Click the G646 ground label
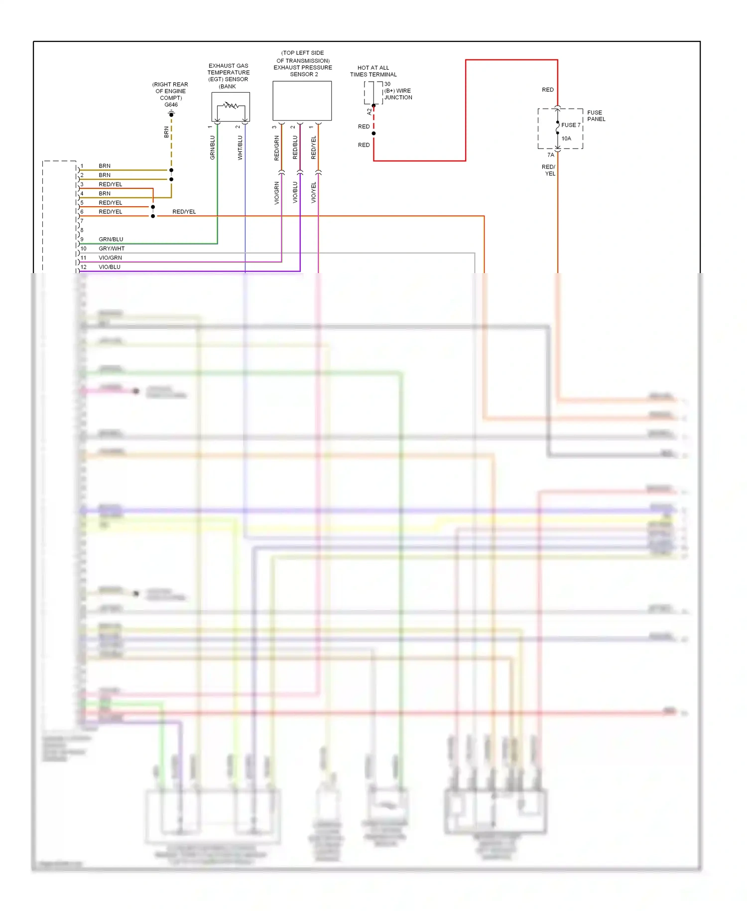(x=171, y=105)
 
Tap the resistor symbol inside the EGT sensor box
(x=230, y=105)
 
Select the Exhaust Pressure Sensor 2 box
(x=302, y=101)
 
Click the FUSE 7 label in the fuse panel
(x=571, y=125)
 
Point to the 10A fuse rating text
(x=566, y=139)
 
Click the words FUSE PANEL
(x=596, y=116)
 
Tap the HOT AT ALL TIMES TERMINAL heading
(x=373, y=71)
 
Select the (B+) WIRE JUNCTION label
(x=398, y=94)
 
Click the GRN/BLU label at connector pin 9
(x=111, y=239)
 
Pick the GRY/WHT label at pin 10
(x=112, y=249)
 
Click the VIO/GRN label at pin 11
(x=110, y=258)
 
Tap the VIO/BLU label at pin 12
(x=110, y=267)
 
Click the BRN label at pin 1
(x=105, y=166)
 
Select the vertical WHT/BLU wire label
(x=240, y=148)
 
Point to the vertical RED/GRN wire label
(x=277, y=148)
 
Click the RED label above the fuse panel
(x=547, y=90)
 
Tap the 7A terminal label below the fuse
(x=550, y=155)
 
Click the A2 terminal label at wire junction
(x=369, y=112)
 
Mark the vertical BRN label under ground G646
(x=166, y=132)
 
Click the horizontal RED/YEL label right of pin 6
(x=184, y=212)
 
